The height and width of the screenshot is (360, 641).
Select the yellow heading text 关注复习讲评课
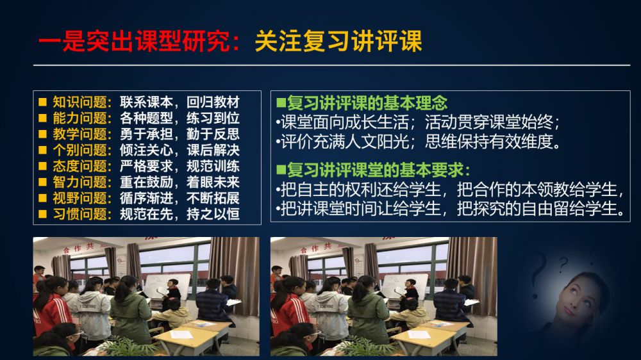tap(338, 41)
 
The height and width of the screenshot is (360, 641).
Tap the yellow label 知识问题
tap(79, 102)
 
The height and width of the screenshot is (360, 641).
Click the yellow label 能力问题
tap(79, 118)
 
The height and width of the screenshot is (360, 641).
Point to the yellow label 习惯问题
tap(79, 214)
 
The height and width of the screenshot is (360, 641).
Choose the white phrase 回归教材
tap(213, 102)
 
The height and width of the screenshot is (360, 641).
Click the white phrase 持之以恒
tap(213, 214)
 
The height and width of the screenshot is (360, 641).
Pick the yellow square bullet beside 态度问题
tap(42, 167)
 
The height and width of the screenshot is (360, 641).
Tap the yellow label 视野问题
tap(79, 198)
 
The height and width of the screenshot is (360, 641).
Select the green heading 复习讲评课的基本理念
tap(367, 102)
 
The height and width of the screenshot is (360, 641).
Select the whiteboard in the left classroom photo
tap(167, 286)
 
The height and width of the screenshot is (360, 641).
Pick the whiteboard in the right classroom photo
tap(404, 286)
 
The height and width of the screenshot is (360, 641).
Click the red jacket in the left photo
tap(51, 314)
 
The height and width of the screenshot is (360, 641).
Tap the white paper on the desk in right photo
tap(419, 334)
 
